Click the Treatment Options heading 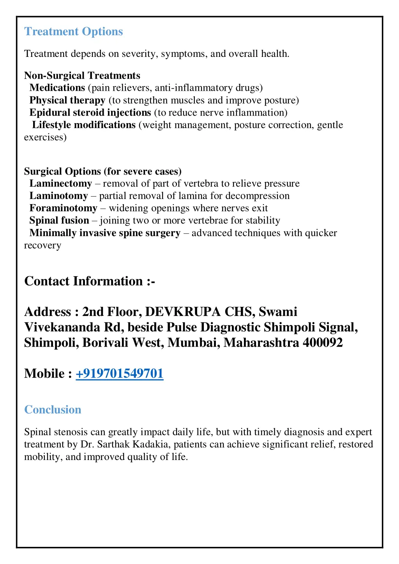click(x=73, y=32)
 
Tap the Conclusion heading click(x=53, y=410)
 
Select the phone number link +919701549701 click(x=119, y=374)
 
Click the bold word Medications click(x=57, y=88)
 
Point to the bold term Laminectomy click(x=61, y=183)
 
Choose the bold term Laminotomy click(x=59, y=196)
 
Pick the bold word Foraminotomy click(x=63, y=208)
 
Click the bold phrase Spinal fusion click(x=59, y=220)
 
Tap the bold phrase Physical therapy click(x=67, y=100)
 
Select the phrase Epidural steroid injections click(x=90, y=113)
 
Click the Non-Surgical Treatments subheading click(x=82, y=76)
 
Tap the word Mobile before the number click(x=44, y=374)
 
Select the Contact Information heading click(x=90, y=281)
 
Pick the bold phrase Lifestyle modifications click(x=84, y=125)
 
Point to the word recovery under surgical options click(x=42, y=246)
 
